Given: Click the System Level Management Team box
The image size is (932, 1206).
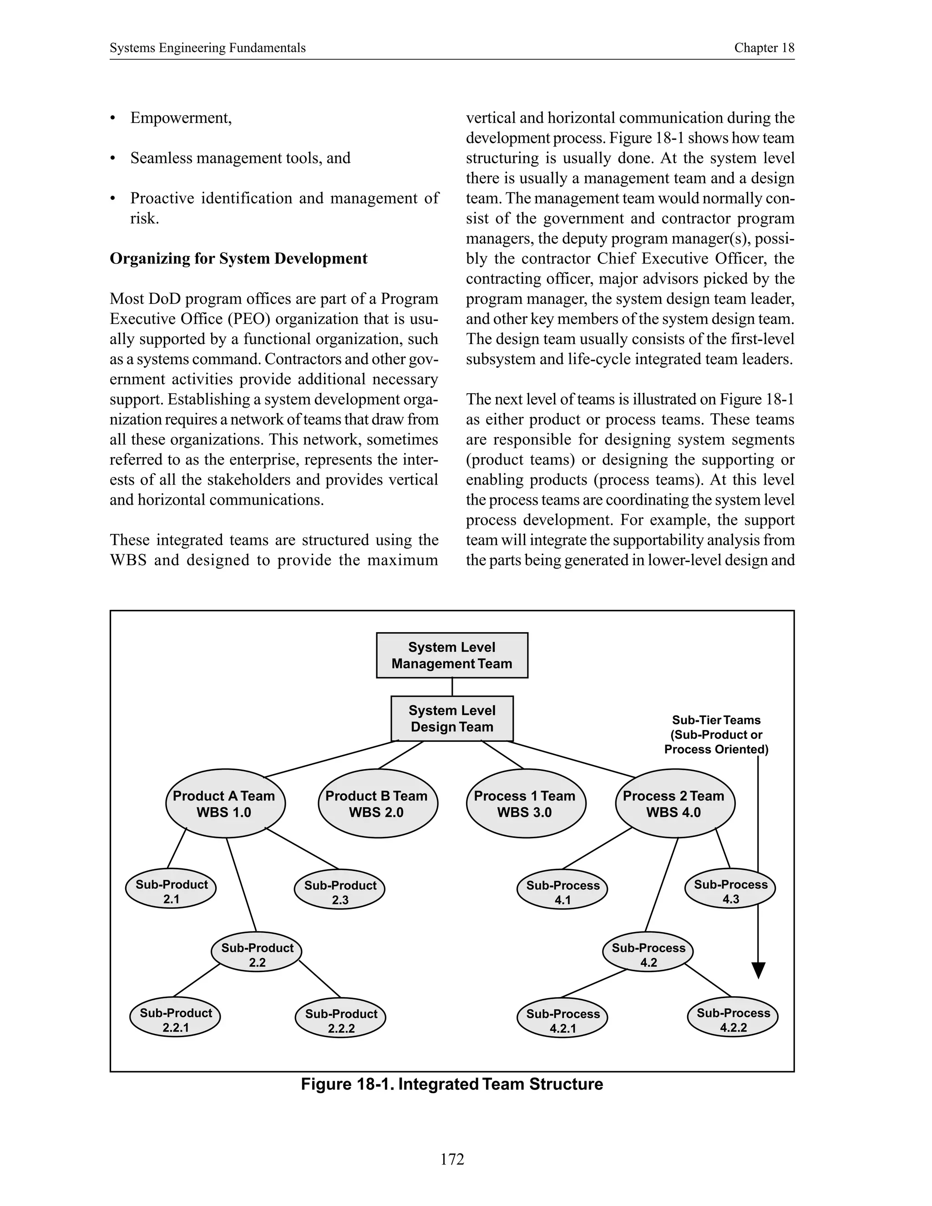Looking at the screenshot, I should pos(451,655).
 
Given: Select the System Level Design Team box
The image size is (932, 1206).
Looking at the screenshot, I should pos(451,719).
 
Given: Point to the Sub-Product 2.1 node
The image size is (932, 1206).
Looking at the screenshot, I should pos(171,891).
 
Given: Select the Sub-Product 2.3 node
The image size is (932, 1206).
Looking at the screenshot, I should pos(339,892).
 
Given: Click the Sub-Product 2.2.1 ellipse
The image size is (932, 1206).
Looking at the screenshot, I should pos(175,1020).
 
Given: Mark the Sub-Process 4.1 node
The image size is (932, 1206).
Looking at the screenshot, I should pos(562,892).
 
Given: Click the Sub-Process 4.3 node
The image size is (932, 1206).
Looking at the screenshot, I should pos(730,891).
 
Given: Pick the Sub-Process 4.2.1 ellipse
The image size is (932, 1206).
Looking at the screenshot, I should pos(562,1021).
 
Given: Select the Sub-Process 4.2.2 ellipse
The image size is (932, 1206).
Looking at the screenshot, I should pos(733,1020).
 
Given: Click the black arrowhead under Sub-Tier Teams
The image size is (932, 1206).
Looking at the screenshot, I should pos(759,970).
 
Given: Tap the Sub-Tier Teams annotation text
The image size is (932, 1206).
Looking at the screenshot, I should pos(716,735).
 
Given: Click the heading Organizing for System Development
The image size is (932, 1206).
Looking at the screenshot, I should pos(238,258).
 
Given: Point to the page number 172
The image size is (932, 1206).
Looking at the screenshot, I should pos(452,1159).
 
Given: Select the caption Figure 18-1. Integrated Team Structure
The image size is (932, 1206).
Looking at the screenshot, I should pos(451,1084).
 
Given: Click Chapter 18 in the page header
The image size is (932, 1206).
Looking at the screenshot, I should pos(764,48).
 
